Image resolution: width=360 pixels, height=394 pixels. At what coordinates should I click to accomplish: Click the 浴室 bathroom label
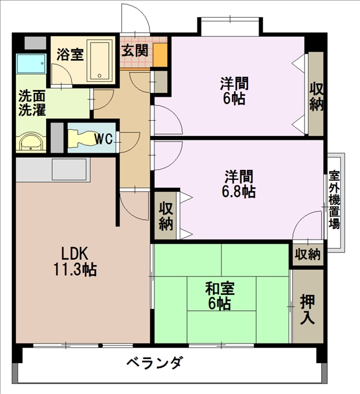coord(70,54)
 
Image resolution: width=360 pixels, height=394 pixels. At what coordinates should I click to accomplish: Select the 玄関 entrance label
coord(135,50)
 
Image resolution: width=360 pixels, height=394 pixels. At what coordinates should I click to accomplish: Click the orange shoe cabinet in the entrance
coord(160,55)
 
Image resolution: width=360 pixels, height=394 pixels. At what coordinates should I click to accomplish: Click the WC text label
coord(104,139)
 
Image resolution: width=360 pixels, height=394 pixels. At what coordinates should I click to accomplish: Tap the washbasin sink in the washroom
coord(31,142)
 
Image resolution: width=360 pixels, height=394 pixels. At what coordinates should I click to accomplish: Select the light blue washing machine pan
coord(31,63)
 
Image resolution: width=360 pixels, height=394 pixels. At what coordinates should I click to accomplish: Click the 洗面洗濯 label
coord(32,103)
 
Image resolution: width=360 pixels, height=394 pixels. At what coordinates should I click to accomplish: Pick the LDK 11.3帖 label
coord(75,262)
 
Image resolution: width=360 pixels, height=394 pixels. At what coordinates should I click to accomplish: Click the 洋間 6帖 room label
coord(234,91)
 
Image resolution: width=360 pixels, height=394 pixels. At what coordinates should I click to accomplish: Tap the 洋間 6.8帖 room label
coord(239,184)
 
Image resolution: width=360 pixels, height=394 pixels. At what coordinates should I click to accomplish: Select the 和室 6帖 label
coord(220,296)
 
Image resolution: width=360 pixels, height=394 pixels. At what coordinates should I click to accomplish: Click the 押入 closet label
coord(308,309)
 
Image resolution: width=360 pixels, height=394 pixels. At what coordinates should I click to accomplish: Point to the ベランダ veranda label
coord(153,363)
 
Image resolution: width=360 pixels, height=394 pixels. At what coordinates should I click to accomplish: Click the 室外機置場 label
coord(334,199)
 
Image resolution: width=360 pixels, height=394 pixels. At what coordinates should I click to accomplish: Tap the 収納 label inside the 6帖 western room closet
coord(316,97)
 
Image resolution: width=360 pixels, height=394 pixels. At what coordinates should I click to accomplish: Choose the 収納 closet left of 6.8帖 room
coord(166,215)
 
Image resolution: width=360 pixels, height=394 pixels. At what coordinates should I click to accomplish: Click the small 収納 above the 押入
coord(308,254)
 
